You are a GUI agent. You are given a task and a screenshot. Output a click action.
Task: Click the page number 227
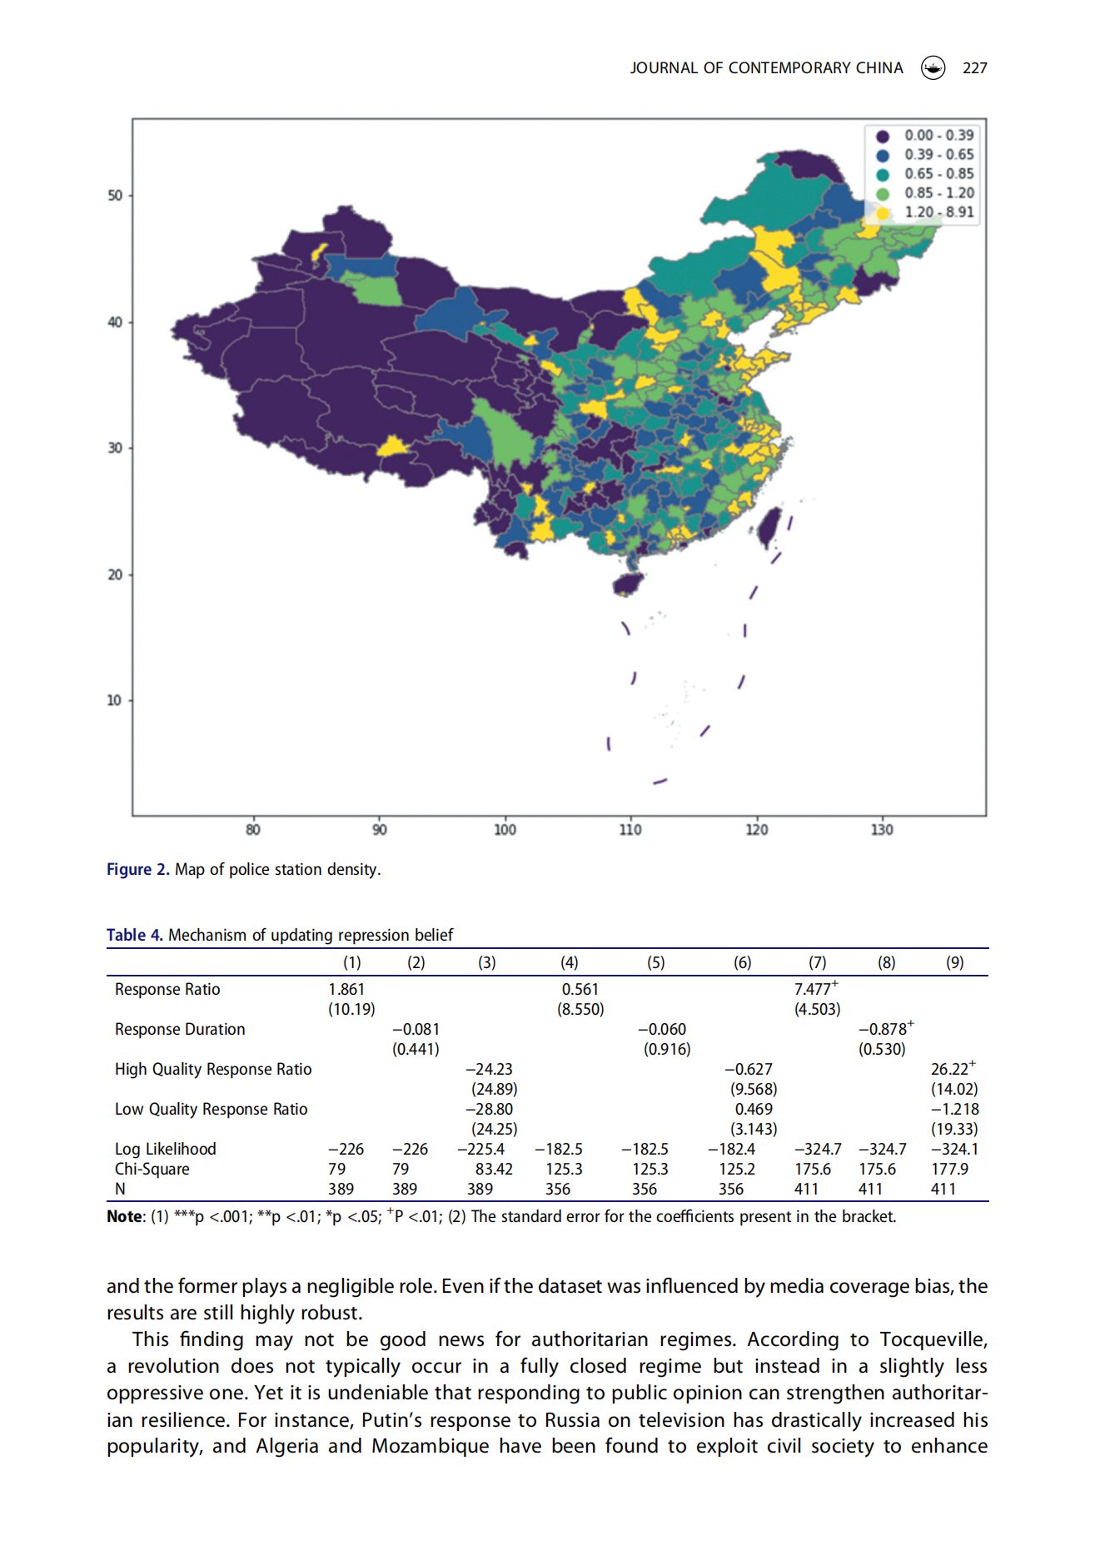(x=974, y=68)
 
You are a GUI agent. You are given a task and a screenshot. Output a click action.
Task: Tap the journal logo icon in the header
(x=933, y=67)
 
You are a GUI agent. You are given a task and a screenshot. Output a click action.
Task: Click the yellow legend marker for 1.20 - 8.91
(x=883, y=212)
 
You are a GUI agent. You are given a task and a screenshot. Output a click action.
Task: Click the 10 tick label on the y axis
(x=114, y=700)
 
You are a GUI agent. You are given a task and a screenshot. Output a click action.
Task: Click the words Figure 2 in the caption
(x=137, y=869)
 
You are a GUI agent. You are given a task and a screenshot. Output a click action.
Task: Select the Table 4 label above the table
(x=135, y=935)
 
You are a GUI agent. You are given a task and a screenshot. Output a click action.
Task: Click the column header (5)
(x=656, y=962)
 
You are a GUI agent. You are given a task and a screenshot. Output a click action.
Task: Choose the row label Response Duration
(x=180, y=1029)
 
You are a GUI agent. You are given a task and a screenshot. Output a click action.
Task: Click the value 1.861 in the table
(x=346, y=989)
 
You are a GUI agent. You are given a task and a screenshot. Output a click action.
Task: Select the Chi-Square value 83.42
(x=494, y=1169)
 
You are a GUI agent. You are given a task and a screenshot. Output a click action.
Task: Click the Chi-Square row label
(x=152, y=1169)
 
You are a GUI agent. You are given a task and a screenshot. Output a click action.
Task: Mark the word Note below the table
(x=124, y=1216)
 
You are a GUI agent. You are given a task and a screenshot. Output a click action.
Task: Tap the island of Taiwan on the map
(x=769, y=528)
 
